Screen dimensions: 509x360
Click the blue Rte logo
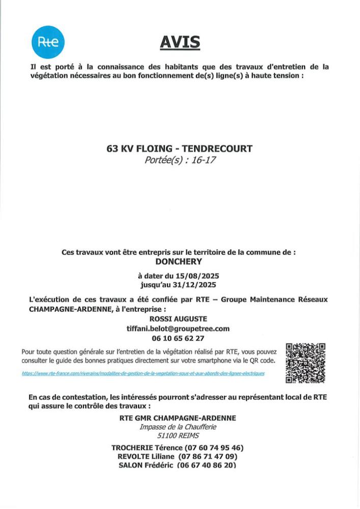point(48,42)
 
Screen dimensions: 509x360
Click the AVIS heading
point(180,42)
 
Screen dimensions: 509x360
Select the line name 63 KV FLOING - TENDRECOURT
point(179,149)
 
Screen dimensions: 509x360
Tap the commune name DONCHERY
point(179,262)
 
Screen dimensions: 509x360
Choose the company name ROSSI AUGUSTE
point(178,319)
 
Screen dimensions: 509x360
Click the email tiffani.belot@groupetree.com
point(178,328)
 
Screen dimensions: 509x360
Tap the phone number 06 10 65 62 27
point(178,338)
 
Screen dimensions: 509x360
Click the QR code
point(306,363)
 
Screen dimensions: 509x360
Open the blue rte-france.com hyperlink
point(143,373)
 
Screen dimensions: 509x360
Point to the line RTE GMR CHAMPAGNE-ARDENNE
point(178,418)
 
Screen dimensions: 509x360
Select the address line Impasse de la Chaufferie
point(178,427)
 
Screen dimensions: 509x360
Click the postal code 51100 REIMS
point(178,436)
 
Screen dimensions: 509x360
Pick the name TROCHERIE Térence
point(140,448)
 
